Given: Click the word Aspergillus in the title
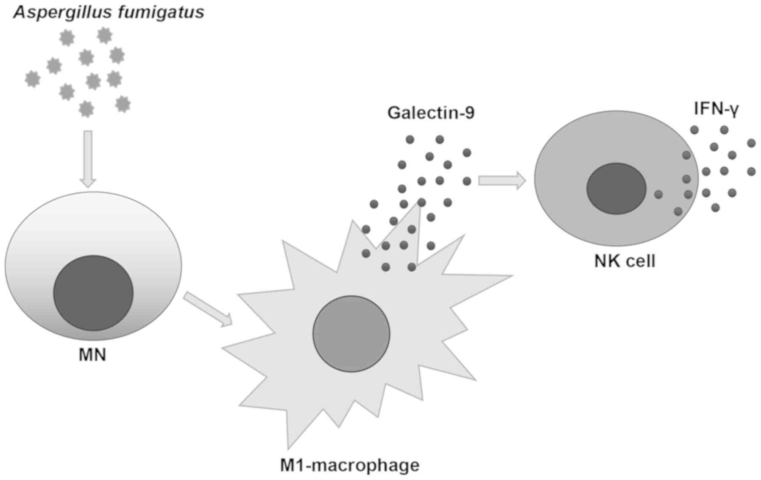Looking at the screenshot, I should (x=57, y=12).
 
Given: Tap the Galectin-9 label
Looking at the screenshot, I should (x=431, y=113).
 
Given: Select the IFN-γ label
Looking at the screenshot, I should (x=716, y=109).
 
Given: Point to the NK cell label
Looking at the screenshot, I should (x=624, y=261).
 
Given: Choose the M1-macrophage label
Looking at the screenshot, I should (x=350, y=465).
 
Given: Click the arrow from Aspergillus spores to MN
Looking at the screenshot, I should (x=88, y=158).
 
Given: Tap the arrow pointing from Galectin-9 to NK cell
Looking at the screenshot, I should (x=502, y=180).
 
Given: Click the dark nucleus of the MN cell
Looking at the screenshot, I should (x=93, y=293).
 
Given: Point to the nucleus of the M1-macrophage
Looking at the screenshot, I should (x=351, y=334).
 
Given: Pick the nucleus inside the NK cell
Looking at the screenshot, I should (x=616, y=189).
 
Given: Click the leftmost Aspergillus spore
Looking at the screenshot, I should (x=33, y=79).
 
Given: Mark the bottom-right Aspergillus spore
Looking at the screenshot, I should (x=123, y=104).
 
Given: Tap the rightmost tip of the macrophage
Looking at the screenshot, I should (x=512, y=276).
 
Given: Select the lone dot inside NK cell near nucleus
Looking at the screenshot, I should (x=658, y=194).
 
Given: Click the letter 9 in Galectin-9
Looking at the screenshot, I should (x=469, y=113).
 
